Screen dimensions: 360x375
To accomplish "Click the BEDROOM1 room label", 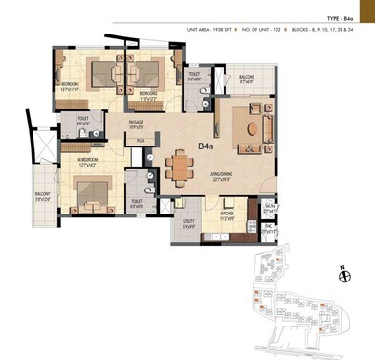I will click(x=68, y=85).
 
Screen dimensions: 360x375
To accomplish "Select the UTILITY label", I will click(x=186, y=225).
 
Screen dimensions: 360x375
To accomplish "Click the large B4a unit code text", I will click(x=206, y=146).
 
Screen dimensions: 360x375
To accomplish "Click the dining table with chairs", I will click(x=178, y=168).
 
